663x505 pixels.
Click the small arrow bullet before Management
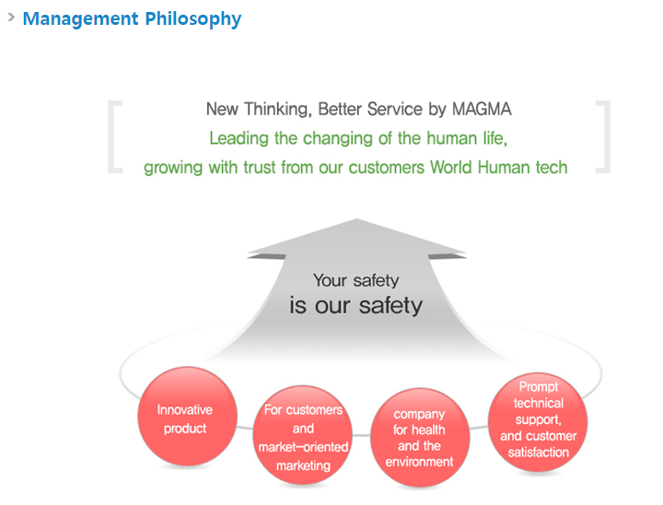[x=10, y=17]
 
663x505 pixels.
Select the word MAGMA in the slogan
[x=482, y=109]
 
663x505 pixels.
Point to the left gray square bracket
[x=112, y=136]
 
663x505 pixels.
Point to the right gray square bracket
[x=604, y=136]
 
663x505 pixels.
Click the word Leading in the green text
[x=239, y=138]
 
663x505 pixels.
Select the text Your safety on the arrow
[x=355, y=280]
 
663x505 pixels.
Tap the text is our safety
[x=355, y=305]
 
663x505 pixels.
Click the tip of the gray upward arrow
[x=356, y=221]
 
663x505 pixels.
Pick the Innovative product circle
[x=186, y=417]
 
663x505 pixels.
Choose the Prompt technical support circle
[x=538, y=420]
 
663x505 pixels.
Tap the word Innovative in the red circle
[x=184, y=410]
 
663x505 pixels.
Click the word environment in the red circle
[x=419, y=462]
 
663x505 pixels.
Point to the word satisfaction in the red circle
[x=538, y=452]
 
